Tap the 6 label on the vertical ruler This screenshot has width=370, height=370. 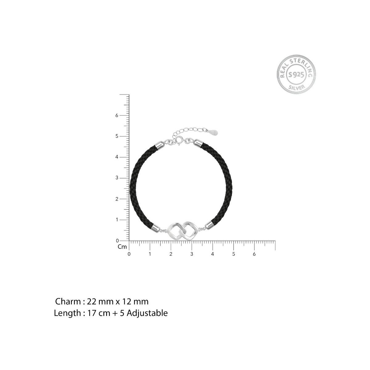117,115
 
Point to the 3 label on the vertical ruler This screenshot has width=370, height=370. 117,178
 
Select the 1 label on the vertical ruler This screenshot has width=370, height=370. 117,220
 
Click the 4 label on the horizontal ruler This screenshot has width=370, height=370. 212,254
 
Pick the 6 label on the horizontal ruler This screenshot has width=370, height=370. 254,254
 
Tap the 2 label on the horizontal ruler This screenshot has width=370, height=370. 171,254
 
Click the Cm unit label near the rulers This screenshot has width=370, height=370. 122,247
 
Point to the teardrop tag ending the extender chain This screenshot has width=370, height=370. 214,132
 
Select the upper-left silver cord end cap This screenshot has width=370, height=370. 161,145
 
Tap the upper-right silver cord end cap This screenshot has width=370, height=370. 198,144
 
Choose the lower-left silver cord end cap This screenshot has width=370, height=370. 155,228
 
